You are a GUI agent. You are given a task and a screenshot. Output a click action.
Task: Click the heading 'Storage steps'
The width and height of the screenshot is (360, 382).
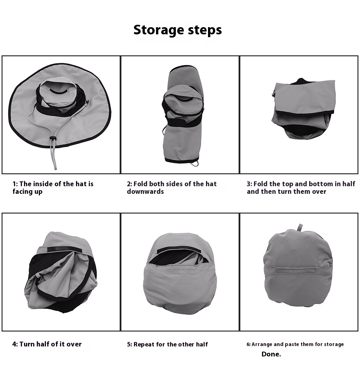pos(178,30)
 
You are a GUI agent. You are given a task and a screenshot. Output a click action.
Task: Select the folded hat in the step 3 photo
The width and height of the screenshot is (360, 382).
pos(304,109)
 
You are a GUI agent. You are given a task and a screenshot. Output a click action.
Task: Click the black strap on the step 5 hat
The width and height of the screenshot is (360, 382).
pos(178,249)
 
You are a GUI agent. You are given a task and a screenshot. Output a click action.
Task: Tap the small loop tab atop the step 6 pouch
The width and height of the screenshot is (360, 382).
pos(300,227)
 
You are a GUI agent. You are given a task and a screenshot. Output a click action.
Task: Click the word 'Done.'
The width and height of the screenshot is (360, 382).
pos(271,354)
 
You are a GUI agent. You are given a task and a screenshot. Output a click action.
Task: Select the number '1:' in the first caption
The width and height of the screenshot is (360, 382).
pos(15,184)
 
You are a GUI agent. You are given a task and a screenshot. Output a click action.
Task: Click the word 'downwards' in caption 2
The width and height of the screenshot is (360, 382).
pos(145,191)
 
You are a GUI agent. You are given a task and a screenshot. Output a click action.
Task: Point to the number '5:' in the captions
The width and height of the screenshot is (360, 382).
pos(130,344)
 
